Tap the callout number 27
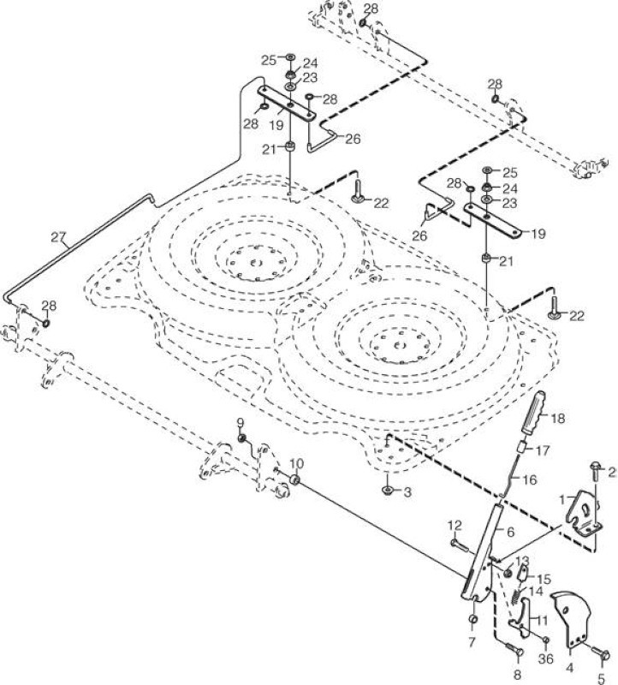[58, 238]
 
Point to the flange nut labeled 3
[388, 491]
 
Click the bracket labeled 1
[584, 512]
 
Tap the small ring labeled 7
[473, 619]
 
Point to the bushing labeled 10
[295, 480]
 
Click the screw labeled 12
[458, 544]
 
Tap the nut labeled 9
[241, 438]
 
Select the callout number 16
[529, 479]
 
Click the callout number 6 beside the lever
[510, 532]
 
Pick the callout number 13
[522, 561]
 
